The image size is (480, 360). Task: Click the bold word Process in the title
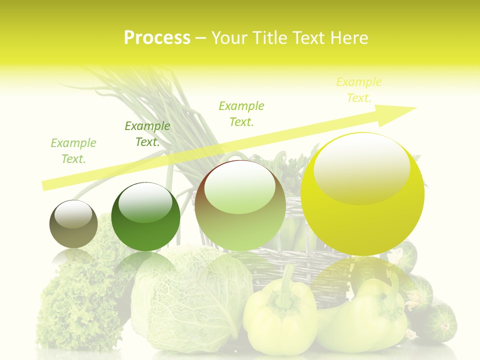[x=157, y=38]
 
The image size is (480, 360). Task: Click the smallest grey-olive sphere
[x=73, y=224]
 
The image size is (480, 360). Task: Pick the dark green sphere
[x=145, y=217]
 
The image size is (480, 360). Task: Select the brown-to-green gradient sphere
[x=240, y=206]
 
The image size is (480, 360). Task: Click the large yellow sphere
[x=362, y=195]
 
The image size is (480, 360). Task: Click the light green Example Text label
[x=73, y=151]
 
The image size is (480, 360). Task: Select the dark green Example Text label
[x=147, y=134]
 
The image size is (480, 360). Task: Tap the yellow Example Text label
[x=358, y=90]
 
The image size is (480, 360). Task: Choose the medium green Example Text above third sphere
[x=241, y=113]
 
